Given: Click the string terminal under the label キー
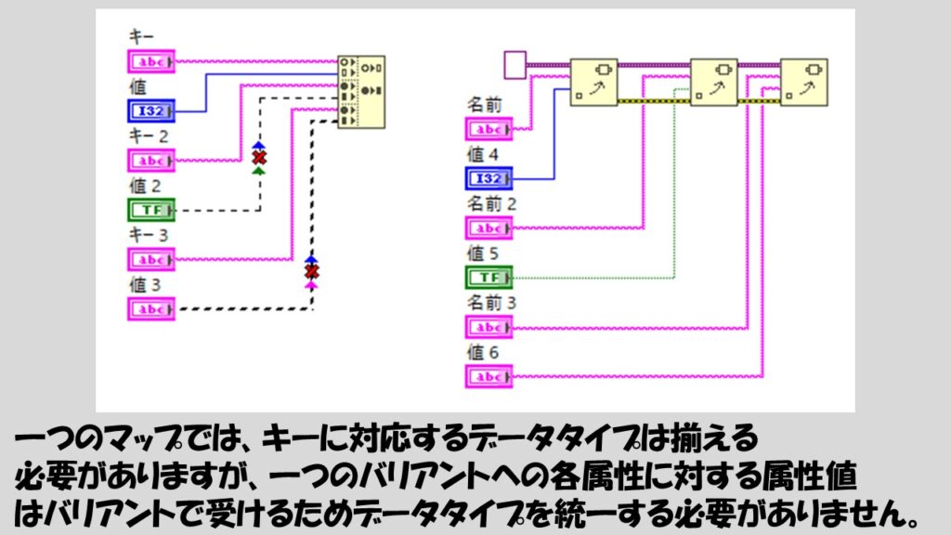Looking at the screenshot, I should (x=150, y=62).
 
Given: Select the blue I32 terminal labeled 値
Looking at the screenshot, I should (x=150, y=111).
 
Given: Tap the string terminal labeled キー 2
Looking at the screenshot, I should (x=150, y=161).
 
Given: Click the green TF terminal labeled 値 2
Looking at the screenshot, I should (x=150, y=211).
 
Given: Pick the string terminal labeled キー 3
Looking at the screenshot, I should (x=150, y=260).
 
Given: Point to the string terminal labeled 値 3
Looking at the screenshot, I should (x=150, y=309).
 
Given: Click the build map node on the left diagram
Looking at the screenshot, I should (x=360, y=91).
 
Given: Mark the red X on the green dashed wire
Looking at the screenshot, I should (x=258, y=158).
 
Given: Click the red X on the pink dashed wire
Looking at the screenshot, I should (x=312, y=272).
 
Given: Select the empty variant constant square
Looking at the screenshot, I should (x=515, y=64).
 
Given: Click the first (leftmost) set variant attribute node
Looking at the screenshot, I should (x=593, y=83).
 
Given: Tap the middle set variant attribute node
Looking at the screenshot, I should (x=713, y=83).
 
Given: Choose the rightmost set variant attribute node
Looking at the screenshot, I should (x=804, y=83).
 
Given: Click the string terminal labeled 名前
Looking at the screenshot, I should (x=488, y=129).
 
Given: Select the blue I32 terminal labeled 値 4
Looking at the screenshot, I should (x=488, y=178).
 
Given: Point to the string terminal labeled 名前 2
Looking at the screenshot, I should (x=488, y=228).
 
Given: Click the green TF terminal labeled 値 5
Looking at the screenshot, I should (x=488, y=277).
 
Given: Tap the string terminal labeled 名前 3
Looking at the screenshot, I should (x=488, y=327).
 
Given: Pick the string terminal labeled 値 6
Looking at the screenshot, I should (x=488, y=376).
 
